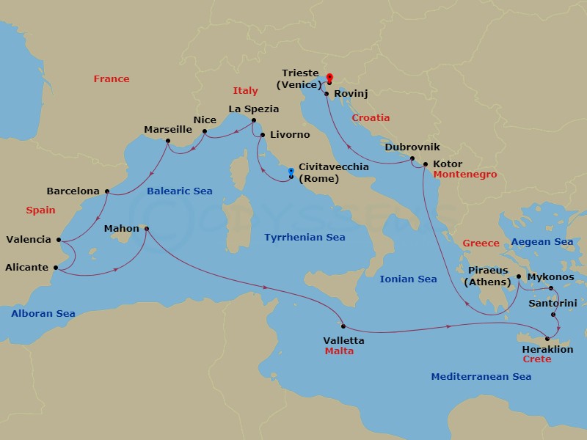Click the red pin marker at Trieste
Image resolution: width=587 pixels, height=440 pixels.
(329, 78)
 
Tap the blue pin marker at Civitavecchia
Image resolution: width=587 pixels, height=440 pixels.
(291, 173)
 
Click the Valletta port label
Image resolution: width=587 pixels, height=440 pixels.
(343, 340)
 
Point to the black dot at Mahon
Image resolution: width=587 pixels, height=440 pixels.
(146, 229)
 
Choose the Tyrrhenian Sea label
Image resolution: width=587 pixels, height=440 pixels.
(304, 237)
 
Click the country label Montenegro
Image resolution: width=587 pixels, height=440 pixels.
(465, 175)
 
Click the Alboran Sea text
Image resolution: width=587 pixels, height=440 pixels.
(43, 313)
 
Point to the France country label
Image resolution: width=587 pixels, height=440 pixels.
(112, 78)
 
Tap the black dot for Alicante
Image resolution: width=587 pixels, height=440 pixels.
(56, 268)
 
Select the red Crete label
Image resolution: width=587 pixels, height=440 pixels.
(536, 360)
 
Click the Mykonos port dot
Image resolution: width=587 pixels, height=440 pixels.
(551, 289)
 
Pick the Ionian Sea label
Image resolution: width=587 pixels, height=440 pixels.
(408, 279)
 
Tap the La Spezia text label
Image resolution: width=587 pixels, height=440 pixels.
(254, 109)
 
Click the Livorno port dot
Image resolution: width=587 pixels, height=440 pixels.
(263, 135)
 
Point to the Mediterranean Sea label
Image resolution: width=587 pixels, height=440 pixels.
(481, 376)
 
